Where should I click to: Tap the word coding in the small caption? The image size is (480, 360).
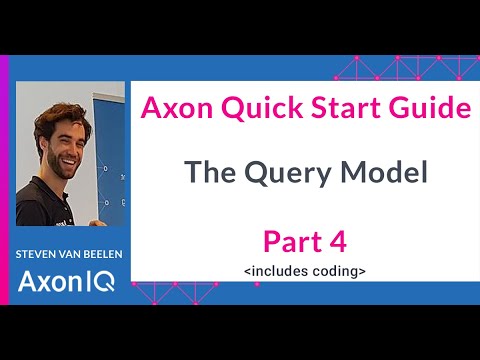(x=333, y=270)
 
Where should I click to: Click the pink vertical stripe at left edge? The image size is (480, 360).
(x=4, y=180)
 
